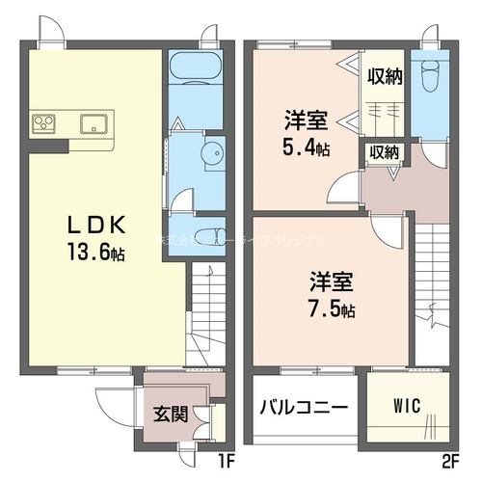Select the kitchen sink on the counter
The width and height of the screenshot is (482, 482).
pyautogui.click(x=94, y=122)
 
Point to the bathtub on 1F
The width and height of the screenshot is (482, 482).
pyautogui.click(x=196, y=69)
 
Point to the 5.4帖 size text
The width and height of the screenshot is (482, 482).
pyautogui.click(x=307, y=149)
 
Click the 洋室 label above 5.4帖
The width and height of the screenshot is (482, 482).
pyautogui.click(x=306, y=122)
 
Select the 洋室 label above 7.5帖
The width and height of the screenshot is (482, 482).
pyautogui.click(x=332, y=282)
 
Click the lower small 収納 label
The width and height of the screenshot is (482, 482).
pyautogui.click(x=384, y=151)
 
